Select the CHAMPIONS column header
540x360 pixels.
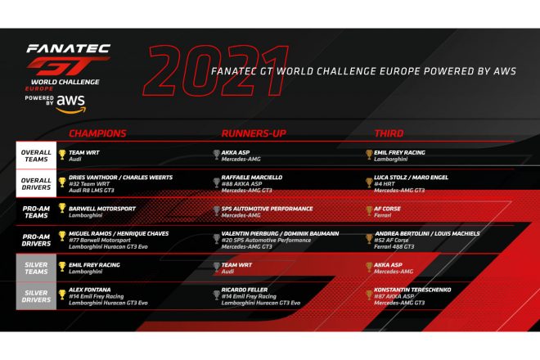pos(97,133)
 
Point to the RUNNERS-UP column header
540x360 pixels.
pos(250,133)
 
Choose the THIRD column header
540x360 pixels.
pos(389,133)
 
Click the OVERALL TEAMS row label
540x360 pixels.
pos(35,154)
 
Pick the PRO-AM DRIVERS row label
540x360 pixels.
pos(35,237)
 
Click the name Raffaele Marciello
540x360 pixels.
pos(252,177)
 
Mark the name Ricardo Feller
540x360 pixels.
pos(245,289)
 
